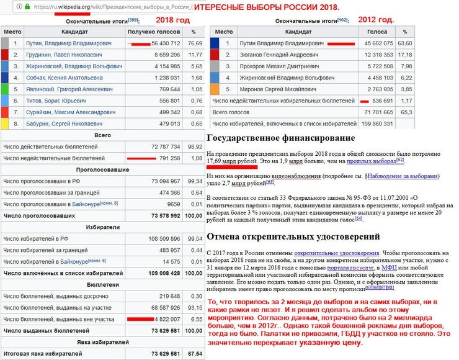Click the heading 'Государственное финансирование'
pyautogui.click(x=280, y=138)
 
